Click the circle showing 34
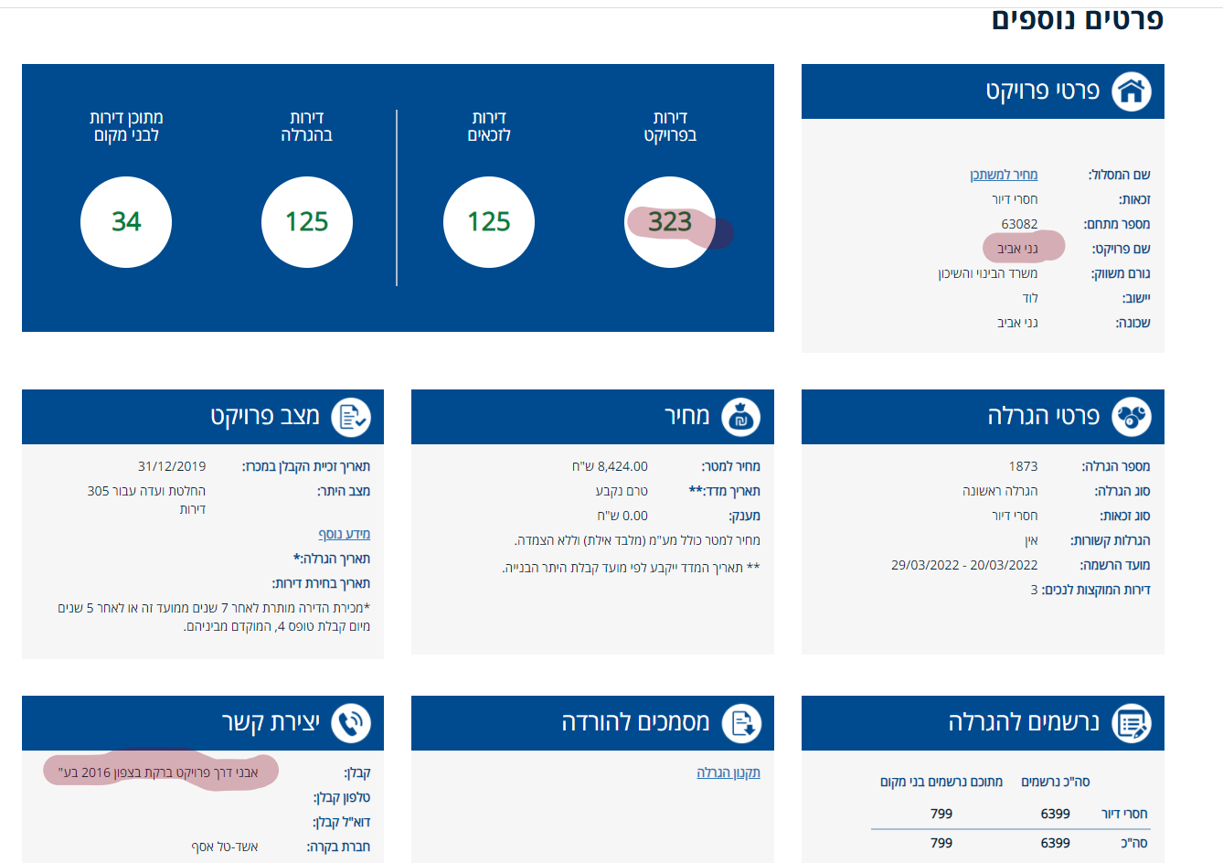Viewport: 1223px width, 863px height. coord(126,222)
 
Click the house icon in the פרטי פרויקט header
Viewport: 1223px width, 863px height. coord(1131,91)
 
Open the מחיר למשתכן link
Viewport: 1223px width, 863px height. coord(1003,175)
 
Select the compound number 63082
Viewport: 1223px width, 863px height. coord(1019,224)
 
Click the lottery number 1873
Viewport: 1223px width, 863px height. coord(1023,466)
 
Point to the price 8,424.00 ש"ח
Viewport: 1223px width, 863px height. coord(610,466)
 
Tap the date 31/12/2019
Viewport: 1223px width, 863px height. coord(172,466)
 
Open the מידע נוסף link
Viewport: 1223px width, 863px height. coord(344,534)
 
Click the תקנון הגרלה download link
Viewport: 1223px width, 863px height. coord(728,772)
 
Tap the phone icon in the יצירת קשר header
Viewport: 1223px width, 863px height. coord(351,723)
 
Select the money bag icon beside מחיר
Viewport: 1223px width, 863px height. coord(740,417)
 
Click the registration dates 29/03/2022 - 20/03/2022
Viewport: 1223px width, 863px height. coord(964,565)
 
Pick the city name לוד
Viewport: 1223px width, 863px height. coord(1029,298)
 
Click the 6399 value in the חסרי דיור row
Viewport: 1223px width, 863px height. coord(1055,814)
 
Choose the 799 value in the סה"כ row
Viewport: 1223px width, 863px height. coord(941,843)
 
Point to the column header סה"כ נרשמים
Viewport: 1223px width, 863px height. coord(1055,782)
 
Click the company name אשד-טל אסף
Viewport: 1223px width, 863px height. coord(225,847)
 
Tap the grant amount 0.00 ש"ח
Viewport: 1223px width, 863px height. coord(622,516)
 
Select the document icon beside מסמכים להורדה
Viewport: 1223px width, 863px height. coord(740,723)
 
